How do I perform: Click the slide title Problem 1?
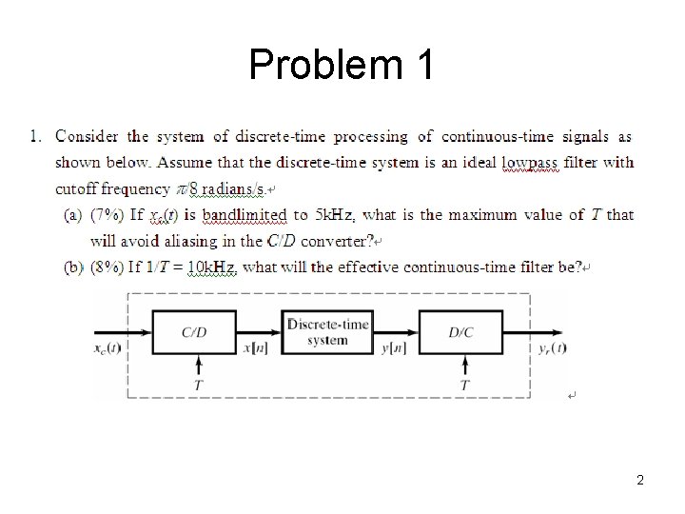[342, 65]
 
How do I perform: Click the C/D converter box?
[194, 331]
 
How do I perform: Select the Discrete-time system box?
[328, 331]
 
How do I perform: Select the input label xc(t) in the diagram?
[107, 347]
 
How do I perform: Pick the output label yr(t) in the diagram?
[548, 347]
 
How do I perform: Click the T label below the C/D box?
[197, 385]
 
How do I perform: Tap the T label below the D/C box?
[464, 385]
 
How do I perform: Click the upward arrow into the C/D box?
[197, 366]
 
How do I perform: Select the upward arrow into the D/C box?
[464, 366]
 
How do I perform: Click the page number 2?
[640, 480]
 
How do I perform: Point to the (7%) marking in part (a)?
[106, 215]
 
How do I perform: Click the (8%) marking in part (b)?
[106, 267]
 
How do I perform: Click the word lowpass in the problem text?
[531, 163]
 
